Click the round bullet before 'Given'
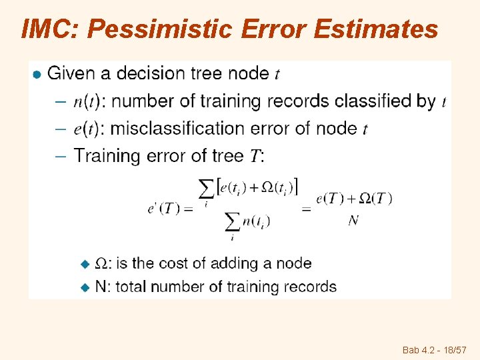[38, 74]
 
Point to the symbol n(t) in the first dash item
[87, 101]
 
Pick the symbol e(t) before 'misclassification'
[87, 129]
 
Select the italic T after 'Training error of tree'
[255, 157]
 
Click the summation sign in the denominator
[232, 221]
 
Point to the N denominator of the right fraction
[353, 221]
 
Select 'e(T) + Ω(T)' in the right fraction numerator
[354, 198]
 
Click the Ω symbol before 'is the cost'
[103, 263]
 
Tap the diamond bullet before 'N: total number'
[84, 287]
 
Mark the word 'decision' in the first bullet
[157, 73]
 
